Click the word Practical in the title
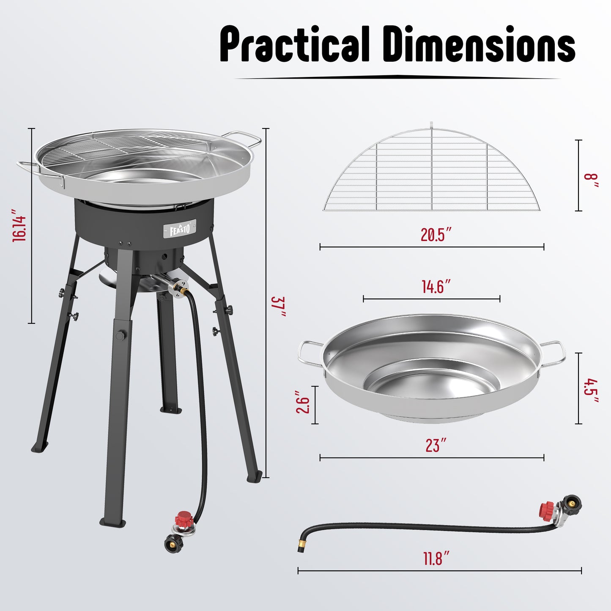click(295, 44)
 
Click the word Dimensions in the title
click(479, 44)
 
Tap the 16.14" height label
click(19, 225)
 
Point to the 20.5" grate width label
click(436, 234)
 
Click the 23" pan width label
click(436, 445)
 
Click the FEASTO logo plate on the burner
click(180, 229)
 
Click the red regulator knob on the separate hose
click(547, 510)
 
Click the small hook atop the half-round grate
click(431, 124)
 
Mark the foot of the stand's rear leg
click(171, 409)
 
